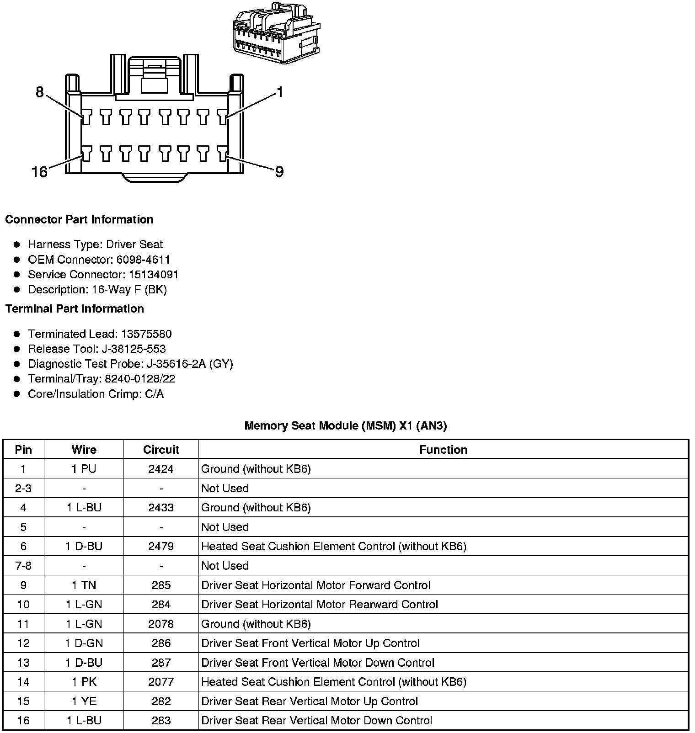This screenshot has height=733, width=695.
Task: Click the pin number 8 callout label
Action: tap(40, 92)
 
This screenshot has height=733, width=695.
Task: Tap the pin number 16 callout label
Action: tap(39, 172)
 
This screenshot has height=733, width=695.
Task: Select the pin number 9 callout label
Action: tap(279, 172)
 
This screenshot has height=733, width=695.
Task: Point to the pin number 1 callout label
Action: tap(280, 92)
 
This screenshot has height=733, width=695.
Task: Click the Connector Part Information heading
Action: tap(79, 219)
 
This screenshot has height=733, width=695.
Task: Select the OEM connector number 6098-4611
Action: tap(143, 260)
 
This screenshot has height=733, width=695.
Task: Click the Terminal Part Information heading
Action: tap(75, 308)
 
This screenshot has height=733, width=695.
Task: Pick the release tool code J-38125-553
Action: tap(134, 349)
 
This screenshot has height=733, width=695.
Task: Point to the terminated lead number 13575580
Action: tap(146, 334)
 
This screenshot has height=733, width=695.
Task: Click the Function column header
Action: tap(443, 450)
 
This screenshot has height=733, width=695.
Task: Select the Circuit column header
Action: tap(161, 450)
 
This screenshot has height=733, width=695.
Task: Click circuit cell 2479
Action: tap(161, 546)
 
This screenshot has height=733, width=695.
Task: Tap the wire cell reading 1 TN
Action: tap(84, 585)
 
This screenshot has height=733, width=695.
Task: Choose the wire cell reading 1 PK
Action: tap(84, 682)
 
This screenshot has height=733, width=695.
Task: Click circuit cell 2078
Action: tap(161, 624)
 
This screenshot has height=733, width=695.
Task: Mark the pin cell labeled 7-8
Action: tap(23, 566)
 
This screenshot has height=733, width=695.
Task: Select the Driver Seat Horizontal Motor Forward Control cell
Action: tap(315, 585)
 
